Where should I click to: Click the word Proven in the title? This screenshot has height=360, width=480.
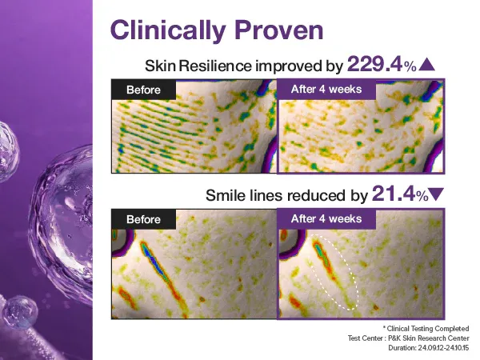pos(275,30)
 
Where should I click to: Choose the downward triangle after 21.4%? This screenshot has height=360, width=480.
pos(436,194)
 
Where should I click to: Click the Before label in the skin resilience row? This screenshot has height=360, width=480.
pos(144,90)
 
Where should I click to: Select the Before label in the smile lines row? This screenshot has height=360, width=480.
pos(144,219)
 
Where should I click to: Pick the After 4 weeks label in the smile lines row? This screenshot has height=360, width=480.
pos(326,218)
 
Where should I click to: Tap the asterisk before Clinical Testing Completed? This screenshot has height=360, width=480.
pos(385,328)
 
